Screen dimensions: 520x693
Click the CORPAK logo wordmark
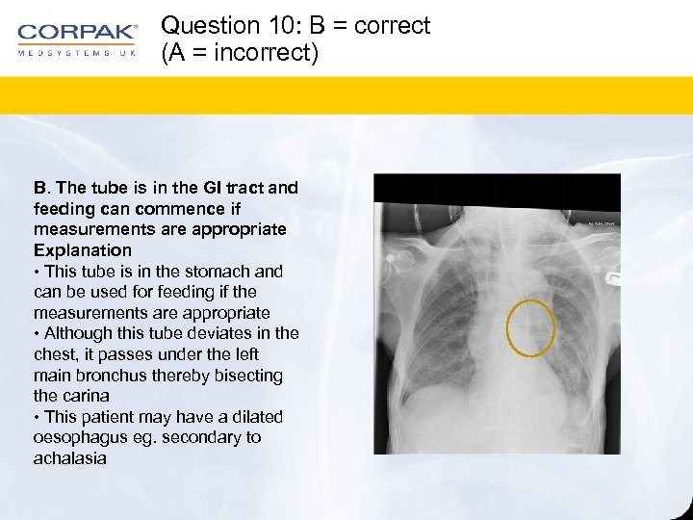(77, 33)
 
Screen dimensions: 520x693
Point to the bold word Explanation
(83, 250)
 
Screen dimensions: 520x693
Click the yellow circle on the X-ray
(530, 327)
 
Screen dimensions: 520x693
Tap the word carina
(86, 396)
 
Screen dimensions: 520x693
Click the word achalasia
(69, 458)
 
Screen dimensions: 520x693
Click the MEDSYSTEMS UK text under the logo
(77, 53)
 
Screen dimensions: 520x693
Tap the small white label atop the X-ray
(603, 222)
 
